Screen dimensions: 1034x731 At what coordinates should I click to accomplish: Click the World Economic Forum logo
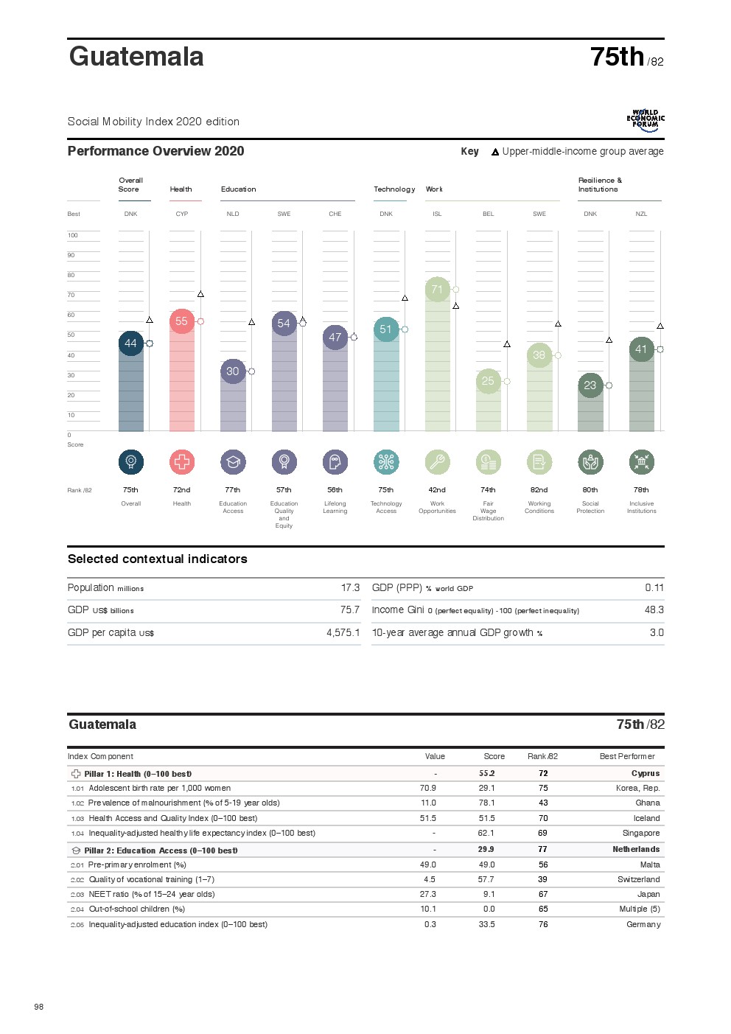645,120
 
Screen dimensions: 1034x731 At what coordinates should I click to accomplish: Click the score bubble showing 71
437,290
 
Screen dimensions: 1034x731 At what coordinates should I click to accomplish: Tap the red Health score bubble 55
181,321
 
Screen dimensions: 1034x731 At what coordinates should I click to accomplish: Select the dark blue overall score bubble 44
130,343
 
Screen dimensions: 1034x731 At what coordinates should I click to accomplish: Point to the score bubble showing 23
590,385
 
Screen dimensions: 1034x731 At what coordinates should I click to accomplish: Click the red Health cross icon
182,462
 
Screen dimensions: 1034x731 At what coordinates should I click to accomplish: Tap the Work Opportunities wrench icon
437,462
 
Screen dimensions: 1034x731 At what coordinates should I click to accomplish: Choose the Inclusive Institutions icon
641,462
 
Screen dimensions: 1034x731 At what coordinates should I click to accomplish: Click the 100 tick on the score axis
73,236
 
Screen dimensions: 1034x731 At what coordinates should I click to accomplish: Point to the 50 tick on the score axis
71,335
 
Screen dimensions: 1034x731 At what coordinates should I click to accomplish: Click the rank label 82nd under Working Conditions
539,490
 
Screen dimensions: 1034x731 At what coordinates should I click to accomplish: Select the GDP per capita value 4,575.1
343,633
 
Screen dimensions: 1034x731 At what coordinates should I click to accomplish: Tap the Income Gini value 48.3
654,610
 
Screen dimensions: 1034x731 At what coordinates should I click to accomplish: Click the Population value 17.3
350,588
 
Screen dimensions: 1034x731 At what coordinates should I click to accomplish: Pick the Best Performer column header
626,757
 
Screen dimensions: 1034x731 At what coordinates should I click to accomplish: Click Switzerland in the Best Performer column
638,880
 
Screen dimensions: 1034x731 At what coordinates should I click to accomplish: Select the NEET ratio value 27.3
427,895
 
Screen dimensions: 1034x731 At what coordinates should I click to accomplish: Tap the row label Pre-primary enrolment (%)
137,865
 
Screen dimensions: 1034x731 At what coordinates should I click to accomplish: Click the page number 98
39,1007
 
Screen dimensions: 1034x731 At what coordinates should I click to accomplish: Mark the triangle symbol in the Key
495,153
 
